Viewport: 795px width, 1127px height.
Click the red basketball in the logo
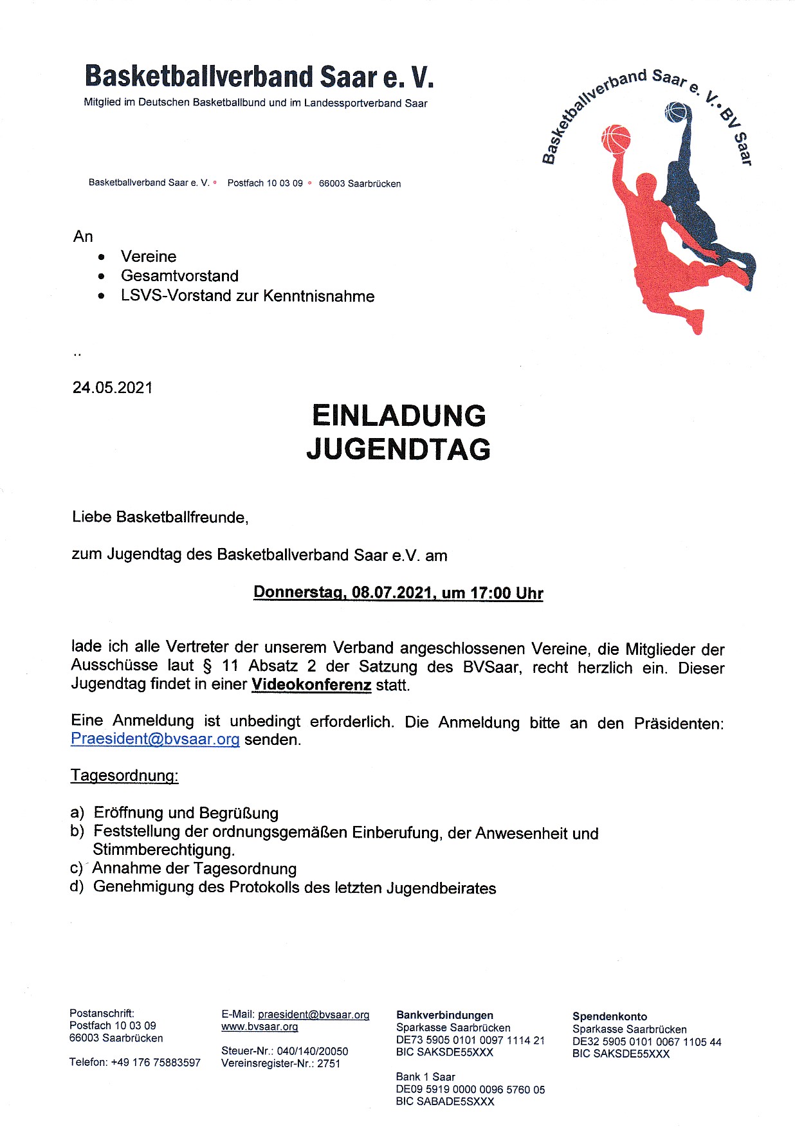pyautogui.click(x=616, y=139)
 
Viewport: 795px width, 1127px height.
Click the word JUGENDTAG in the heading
pyautogui.click(x=398, y=449)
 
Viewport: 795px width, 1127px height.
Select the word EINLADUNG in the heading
pyautogui.click(x=399, y=416)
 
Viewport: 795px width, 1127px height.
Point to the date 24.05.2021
pyautogui.click(x=113, y=387)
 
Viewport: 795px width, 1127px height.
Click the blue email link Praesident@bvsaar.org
pyautogui.click(x=155, y=738)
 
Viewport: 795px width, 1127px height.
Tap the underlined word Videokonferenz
pyautogui.click(x=311, y=684)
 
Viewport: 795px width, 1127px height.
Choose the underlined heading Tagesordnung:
pyautogui.click(x=124, y=775)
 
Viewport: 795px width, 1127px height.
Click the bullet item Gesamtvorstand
pyautogui.click(x=179, y=276)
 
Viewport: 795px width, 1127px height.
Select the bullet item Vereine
pyautogui.click(x=149, y=257)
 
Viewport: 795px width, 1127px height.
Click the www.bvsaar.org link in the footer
pyautogui.click(x=260, y=1027)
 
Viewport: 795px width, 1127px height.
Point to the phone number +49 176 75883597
pyautogui.click(x=156, y=1062)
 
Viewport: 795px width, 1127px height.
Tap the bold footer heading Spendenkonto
pyautogui.click(x=610, y=1016)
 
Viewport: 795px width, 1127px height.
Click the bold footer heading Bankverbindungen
pyautogui.click(x=444, y=1015)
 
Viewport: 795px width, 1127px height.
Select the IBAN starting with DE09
pyautogui.click(x=470, y=1089)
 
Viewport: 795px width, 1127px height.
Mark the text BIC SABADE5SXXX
pyautogui.click(x=445, y=1101)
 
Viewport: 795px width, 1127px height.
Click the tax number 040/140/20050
pyautogui.click(x=313, y=1051)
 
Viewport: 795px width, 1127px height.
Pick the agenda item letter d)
pyautogui.click(x=77, y=887)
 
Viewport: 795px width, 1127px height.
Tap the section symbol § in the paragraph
pyautogui.click(x=207, y=666)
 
